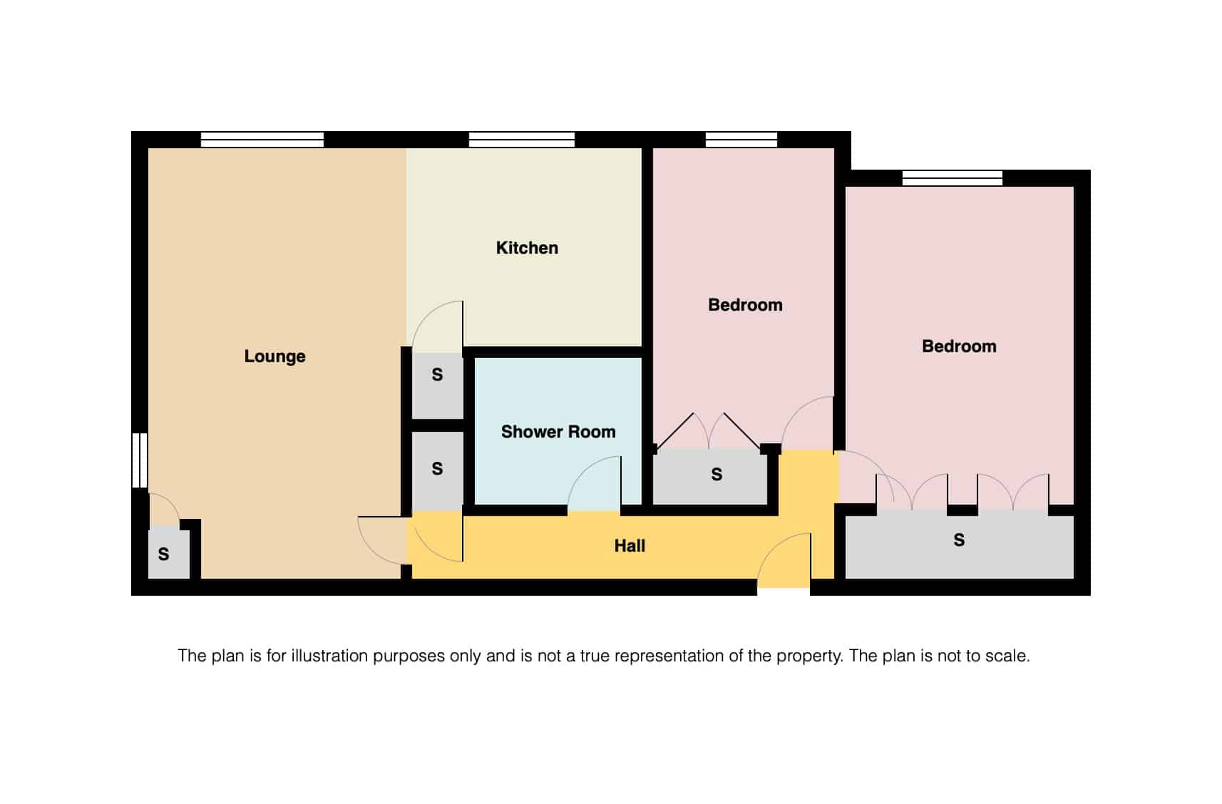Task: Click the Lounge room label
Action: pyautogui.click(x=274, y=356)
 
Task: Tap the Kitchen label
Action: pyautogui.click(x=527, y=248)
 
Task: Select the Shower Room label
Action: pyautogui.click(x=558, y=432)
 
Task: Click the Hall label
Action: pyautogui.click(x=630, y=546)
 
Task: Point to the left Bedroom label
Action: pyautogui.click(x=745, y=305)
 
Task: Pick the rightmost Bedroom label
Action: pyautogui.click(x=959, y=346)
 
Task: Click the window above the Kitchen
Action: pyautogui.click(x=522, y=140)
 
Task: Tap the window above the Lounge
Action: pyautogui.click(x=262, y=140)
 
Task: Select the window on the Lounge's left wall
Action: pyautogui.click(x=140, y=460)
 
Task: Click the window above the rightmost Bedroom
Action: pyautogui.click(x=953, y=178)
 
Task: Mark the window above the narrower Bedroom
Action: pyautogui.click(x=741, y=140)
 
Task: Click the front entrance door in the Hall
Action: pyautogui.click(x=784, y=563)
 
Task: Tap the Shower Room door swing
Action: pyautogui.click(x=594, y=485)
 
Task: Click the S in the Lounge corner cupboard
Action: pyautogui.click(x=163, y=555)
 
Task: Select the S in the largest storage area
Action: pyautogui.click(x=959, y=540)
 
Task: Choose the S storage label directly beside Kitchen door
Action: pyautogui.click(x=437, y=375)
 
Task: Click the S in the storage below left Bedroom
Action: pyautogui.click(x=717, y=475)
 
